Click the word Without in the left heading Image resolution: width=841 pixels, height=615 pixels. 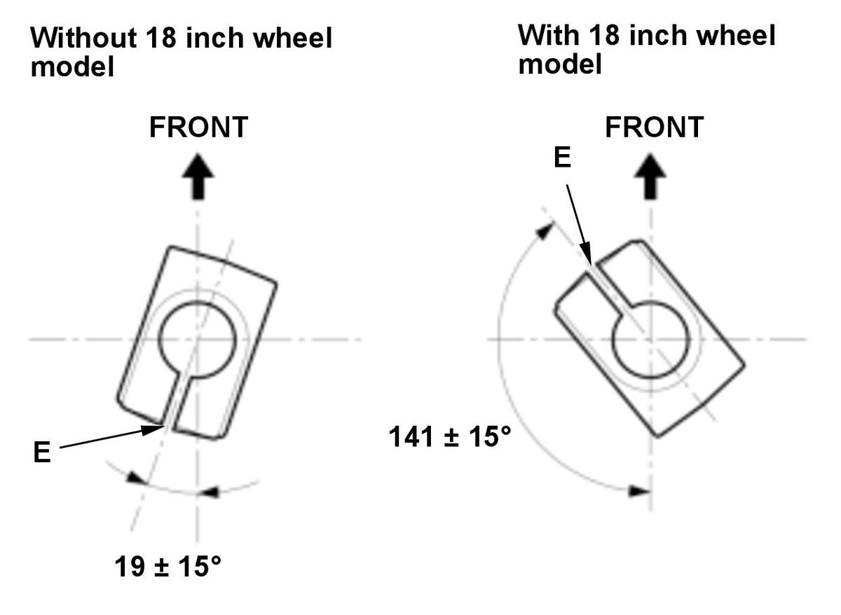coord(83,38)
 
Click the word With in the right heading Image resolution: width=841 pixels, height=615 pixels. coord(549,35)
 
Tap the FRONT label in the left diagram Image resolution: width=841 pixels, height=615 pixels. coord(198,127)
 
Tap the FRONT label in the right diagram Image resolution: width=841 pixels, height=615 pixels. coord(655,127)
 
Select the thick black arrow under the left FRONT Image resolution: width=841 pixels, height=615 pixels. coord(198,177)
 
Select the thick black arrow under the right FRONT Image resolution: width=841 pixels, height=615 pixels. coord(650,177)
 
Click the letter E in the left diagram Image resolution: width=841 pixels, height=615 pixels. coord(42,452)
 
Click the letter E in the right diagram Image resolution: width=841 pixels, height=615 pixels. coord(562,157)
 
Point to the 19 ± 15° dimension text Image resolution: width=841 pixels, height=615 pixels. coord(167,567)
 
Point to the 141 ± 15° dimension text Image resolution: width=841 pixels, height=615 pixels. coord(450,437)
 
